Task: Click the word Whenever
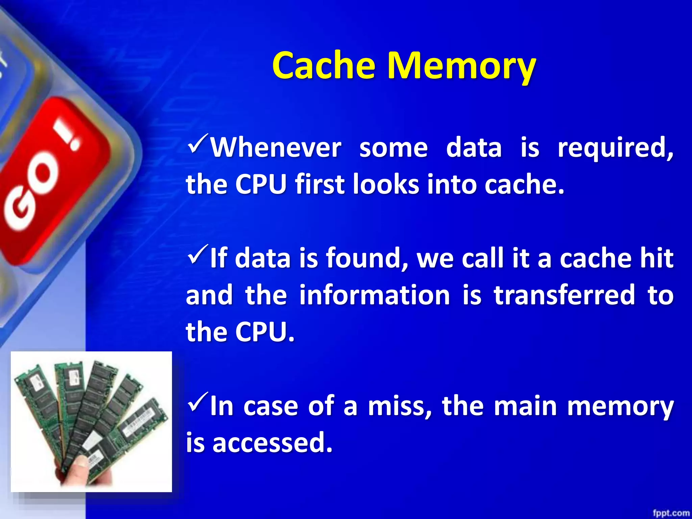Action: (x=276, y=148)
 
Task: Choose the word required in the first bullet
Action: (x=615, y=148)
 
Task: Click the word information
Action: (x=374, y=295)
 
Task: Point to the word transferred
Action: (x=564, y=295)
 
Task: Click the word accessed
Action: (x=272, y=443)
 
